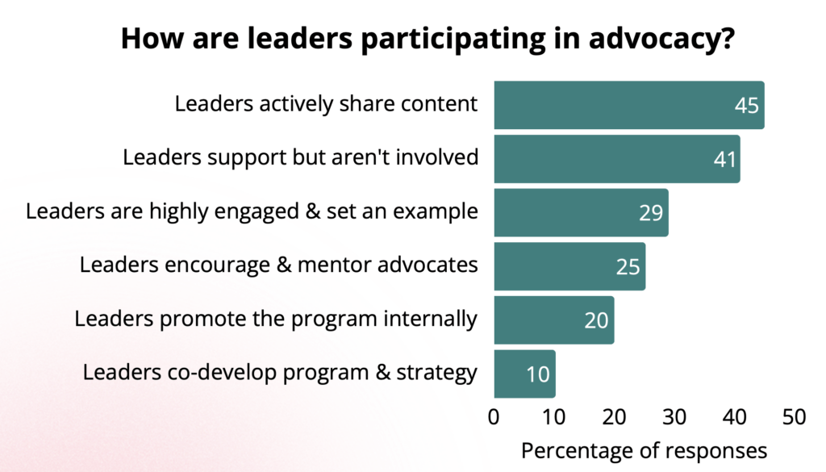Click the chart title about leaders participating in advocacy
pos(427,39)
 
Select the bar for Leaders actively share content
pos(628,105)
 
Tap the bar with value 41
pos(616,159)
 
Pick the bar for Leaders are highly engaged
pos(580,212)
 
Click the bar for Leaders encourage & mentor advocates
pos(569,266)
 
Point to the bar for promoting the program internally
pos(553,320)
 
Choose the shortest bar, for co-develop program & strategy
pos(524,374)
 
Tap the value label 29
pos(650,213)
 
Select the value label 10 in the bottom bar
pos(537,374)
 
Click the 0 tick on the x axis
pos(494,418)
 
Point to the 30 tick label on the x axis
pos(674,418)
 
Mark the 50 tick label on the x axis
pos(794,418)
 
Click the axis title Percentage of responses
pos(644,449)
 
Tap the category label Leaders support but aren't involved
pos(300,157)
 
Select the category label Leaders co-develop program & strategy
pos(280,373)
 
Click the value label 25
pos(628,267)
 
